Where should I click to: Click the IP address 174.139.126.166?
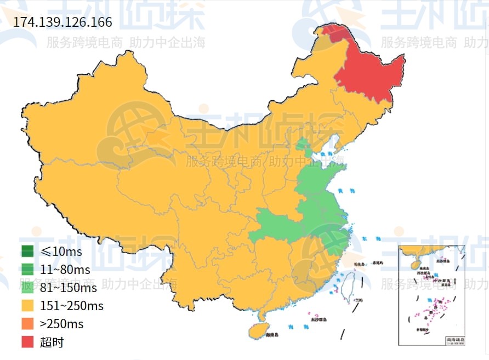tap(62, 22)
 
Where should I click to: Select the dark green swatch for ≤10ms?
tap(27, 252)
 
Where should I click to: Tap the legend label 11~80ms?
tap(65, 270)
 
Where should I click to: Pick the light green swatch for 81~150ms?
tap(27, 288)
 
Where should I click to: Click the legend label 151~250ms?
tap(71, 306)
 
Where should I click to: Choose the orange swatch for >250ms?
tap(27, 324)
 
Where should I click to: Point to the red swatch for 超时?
tap(27, 342)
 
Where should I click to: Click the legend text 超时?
tap(52, 342)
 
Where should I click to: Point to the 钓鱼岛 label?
tap(359, 264)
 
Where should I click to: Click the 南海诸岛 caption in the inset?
tap(455, 340)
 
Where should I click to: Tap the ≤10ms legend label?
tap(61, 252)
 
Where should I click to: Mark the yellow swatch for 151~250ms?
tap(27, 306)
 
